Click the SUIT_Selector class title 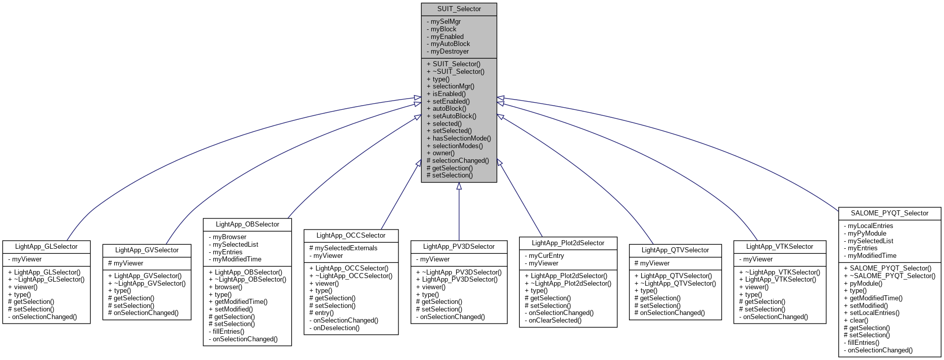tap(459, 9)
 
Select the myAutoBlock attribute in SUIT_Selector tap(450, 44)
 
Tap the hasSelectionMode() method tap(461, 138)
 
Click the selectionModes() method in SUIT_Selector tap(457, 146)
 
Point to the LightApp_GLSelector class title tap(46, 247)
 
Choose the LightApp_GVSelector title tap(147, 250)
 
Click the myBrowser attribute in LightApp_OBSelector tap(229, 237)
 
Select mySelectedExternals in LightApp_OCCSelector tap(346, 248)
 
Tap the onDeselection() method tap(336, 328)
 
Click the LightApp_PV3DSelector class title tap(459, 247)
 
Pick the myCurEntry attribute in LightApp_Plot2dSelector tap(546, 256)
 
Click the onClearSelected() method tap(555, 320)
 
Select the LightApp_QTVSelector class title tap(675, 250)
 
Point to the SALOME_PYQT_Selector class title tap(889, 213)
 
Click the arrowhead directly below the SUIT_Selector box tap(459, 186)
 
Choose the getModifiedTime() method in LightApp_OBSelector tap(241, 302)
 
